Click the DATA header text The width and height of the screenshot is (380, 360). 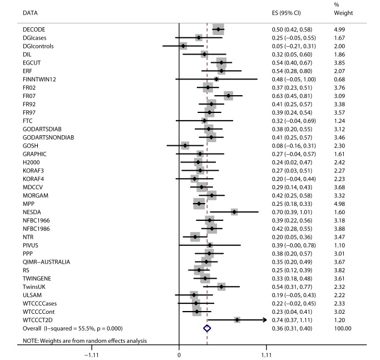tap(32, 12)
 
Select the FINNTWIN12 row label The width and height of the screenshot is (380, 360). tap(40, 79)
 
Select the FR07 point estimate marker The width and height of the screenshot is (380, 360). tap(228, 96)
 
